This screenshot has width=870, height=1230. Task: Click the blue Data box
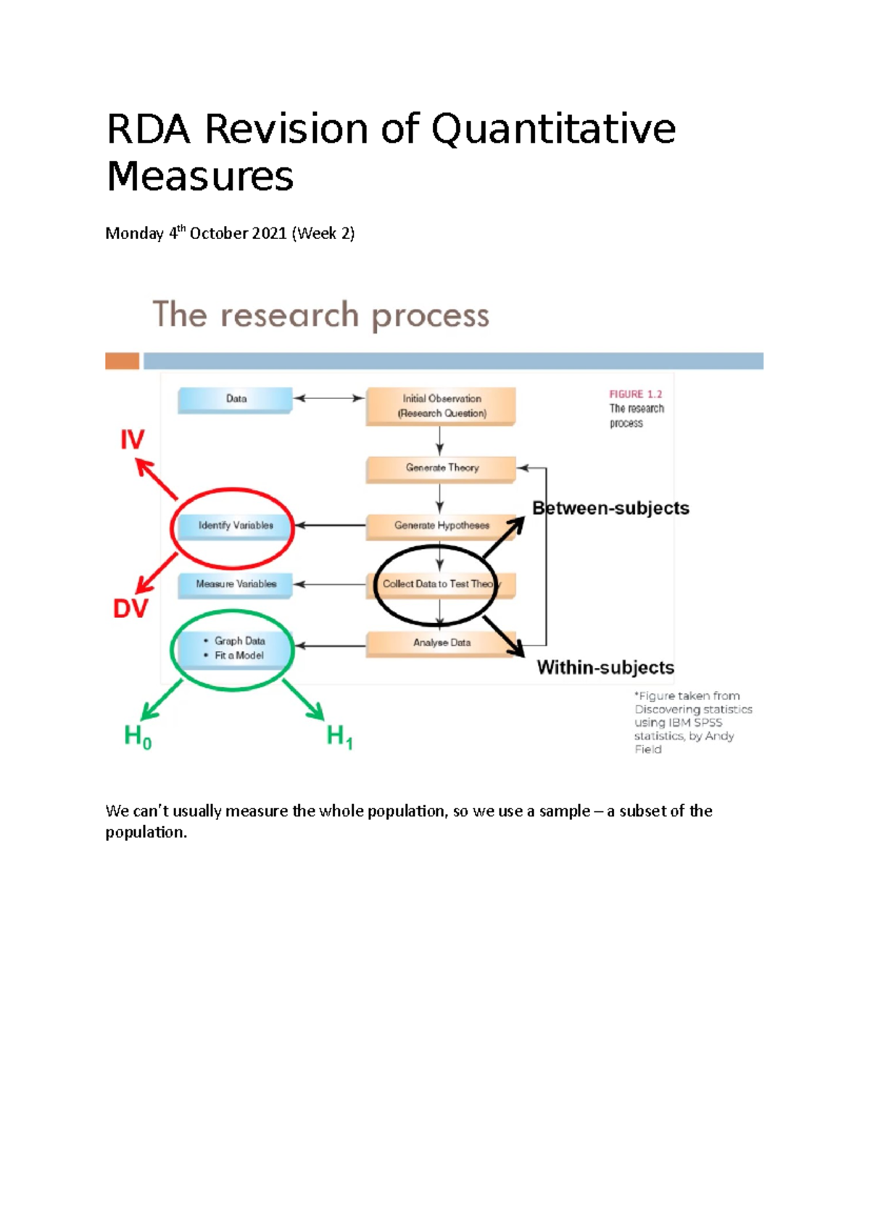click(235, 399)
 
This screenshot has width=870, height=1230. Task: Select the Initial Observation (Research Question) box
click(441, 406)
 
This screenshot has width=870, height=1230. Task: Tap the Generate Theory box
click(441, 468)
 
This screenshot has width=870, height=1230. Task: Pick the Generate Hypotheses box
click(441, 525)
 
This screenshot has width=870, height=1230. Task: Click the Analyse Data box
click(441, 643)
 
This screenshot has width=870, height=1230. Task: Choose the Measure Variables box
click(235, 584)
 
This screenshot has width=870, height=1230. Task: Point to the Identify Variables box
click(235, 525)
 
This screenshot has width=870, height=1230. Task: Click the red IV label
click(132, 440)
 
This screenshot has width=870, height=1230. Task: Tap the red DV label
click(130, 608)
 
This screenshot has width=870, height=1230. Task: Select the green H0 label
click(138, 737)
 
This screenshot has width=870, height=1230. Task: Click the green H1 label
click(339, 737)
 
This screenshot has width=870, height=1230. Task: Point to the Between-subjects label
click(610, 508)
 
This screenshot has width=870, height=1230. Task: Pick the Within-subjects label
click(605, 667)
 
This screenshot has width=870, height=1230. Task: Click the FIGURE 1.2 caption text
click(635, 394)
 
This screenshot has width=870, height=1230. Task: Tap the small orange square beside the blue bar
click(122, 361)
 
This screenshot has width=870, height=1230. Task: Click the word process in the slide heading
click(430, 316)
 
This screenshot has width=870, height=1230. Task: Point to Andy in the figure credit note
click(719, 736)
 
